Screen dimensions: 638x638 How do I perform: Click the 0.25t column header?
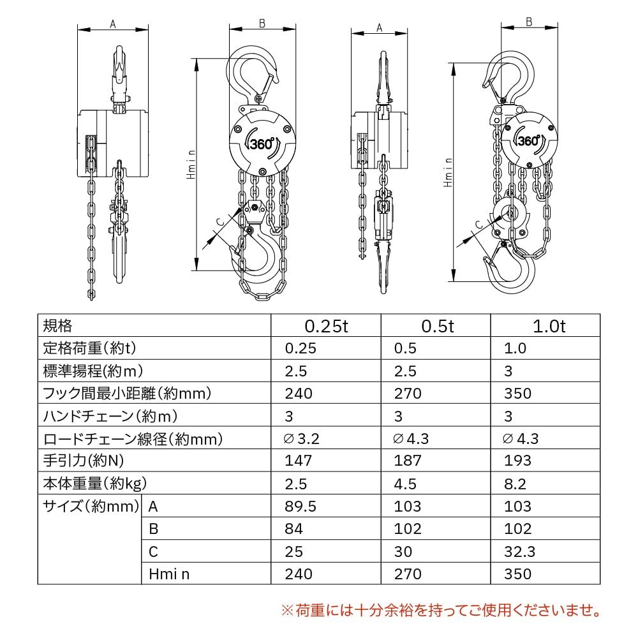pos(326,327)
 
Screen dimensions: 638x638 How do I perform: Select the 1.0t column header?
pos(549,327)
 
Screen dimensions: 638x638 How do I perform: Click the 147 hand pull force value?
pos(299,461)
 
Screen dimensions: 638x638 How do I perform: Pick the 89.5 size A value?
pos(300,507)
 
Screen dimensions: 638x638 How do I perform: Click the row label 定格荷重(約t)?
pos(90,348)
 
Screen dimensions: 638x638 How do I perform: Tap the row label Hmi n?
pos(169,574)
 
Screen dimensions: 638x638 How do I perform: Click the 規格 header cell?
pos(57,326)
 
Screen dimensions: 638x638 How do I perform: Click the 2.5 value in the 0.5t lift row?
pos(405,371)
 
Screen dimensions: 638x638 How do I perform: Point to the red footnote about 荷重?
pos(440,611)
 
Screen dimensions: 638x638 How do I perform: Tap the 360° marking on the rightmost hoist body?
pos(530,141)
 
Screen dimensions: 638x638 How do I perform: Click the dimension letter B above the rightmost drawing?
pos(529,21)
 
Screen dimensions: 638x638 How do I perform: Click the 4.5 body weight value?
pos(405,484)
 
